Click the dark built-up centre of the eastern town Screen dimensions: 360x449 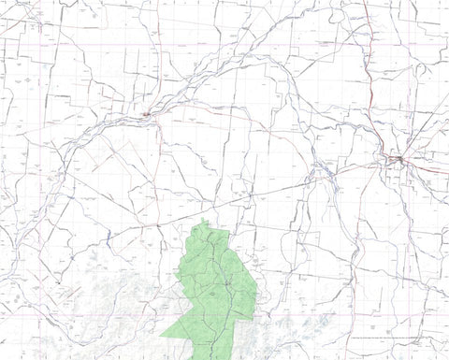(x=398, y=160)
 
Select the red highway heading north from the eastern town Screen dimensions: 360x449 (x=374, y=94)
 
